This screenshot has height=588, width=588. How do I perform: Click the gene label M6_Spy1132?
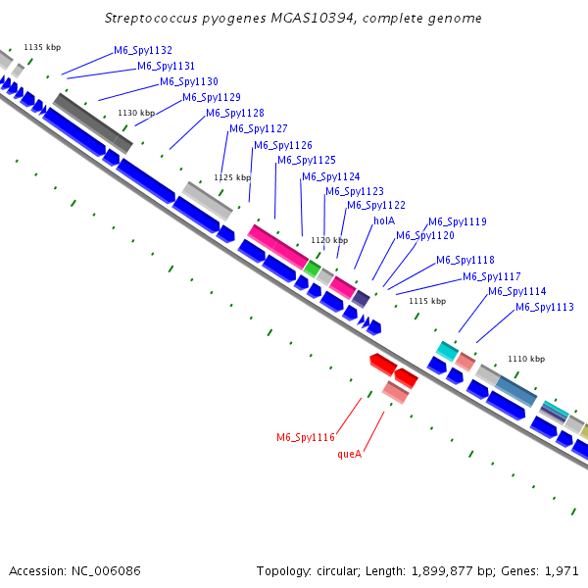(x=143, y=50)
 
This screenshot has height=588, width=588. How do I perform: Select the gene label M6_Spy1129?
(x=212, y=97)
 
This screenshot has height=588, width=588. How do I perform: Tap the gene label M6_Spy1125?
(x=307, y=160)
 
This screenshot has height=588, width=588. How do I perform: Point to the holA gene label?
(x=384, y=221)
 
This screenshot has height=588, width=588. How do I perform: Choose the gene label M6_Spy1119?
(x=457, y=221)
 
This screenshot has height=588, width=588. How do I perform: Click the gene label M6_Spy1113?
(x=545, y=308)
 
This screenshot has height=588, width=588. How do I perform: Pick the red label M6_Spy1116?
(x=306, y=437)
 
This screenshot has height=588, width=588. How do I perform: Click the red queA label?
(x=350, y=454)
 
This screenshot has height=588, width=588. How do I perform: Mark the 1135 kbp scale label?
(x=42, y=47)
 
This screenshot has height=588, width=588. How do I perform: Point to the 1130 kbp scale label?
(x=136, y=113)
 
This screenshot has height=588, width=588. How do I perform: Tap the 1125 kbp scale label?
(x=232, y=177)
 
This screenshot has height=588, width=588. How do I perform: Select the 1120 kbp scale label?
(x=329, y=240)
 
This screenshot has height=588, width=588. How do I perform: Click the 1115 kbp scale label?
(x=427, y=301)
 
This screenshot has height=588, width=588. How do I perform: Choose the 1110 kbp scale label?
(x=525, y=359)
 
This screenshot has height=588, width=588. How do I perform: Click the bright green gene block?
(x=312, y=268)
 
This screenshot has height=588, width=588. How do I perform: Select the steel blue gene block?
(x=515, y=390)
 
